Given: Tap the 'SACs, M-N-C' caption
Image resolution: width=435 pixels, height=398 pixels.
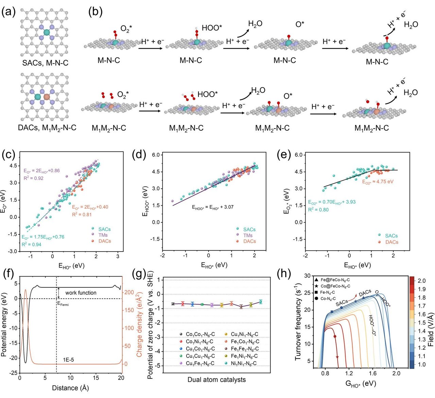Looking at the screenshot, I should click(x=45, y=63).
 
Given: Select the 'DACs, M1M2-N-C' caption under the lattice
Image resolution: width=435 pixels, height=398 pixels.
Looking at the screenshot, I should click(x=47, y=128).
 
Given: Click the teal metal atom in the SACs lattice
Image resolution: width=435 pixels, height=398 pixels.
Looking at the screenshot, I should click(x=47, y=32).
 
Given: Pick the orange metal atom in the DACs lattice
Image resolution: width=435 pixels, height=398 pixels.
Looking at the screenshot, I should click(x=47, y=97).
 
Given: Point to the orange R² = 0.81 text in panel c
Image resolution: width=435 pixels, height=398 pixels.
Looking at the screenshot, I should click(x=82, y=214).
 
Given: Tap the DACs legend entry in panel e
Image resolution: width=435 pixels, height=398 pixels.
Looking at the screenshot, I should click(x=391, y=242).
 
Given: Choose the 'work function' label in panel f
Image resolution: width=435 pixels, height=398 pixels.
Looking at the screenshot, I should click(x=81, y=292).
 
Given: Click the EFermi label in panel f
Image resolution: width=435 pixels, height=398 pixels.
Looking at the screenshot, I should click(x=63, y=304).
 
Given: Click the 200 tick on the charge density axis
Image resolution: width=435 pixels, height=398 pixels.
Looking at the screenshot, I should click(x=129, y=292).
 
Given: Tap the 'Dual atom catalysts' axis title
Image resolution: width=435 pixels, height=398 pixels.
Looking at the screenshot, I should click(x=216, y=380).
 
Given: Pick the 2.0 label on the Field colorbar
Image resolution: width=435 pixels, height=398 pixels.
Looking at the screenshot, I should click(x=422, y=281).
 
